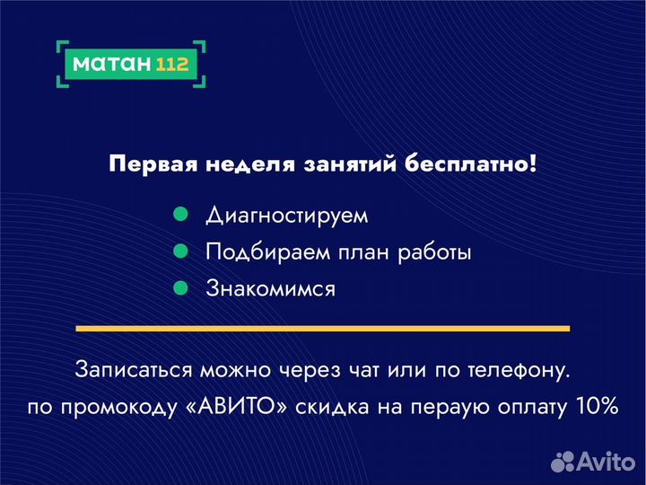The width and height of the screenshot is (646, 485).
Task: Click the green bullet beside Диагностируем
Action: coord(179,216)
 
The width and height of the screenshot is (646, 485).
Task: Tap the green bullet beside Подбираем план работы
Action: coord(179,251)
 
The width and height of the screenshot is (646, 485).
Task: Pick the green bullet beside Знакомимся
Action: coord(179,288)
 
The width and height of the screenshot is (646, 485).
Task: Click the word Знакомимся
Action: coord(270,289)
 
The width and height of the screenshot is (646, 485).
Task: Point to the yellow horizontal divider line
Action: coord(323,328)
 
